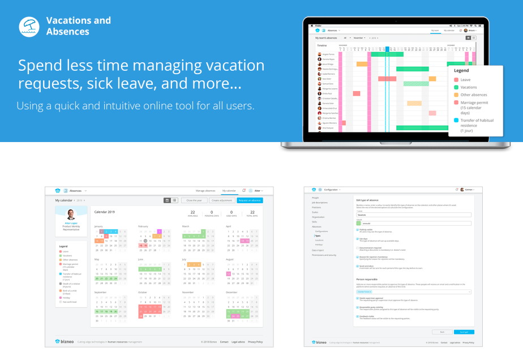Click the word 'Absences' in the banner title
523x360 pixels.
(x=67, y=32)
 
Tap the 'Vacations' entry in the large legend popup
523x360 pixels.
(x=469, y=87)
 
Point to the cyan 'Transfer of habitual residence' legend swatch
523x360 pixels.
(x=456, y=120)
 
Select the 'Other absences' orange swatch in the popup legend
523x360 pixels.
(x=456, y=95)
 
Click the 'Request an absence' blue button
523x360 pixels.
(x=250, y=200)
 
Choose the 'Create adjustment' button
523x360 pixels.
(x=222, y=200)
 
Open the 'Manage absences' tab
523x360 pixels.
(x=206, y=191)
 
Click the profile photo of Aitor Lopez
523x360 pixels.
(x=71, y=215)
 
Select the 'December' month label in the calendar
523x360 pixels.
(x=233, y=292)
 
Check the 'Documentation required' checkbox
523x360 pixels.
(x=357, y=247)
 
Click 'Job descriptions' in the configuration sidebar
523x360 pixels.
(x=320, y=203)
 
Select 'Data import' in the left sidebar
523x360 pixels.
(x=318, y=250)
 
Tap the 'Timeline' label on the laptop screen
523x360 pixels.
(x=322, y=45)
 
